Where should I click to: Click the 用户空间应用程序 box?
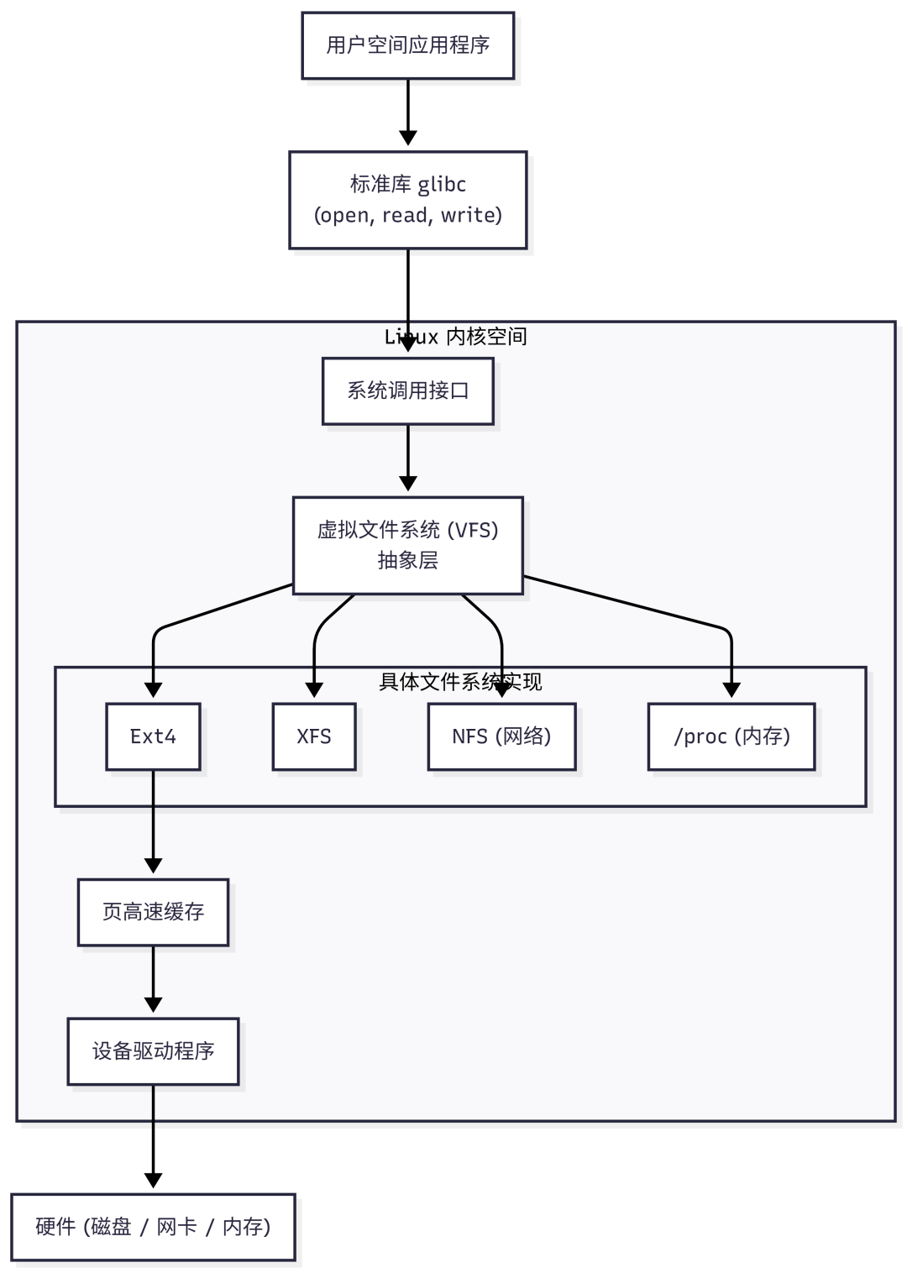pyautogui.click(x=407, y=45)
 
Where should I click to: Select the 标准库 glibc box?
pyautogui.click(x=407, y=200)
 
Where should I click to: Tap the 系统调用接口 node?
pyautogui.click(x=407, y=390)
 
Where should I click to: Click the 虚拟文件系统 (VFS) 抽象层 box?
pyautogui.click(x=407, y=545)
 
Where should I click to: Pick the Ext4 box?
pyautogui.click(x=153, y=736)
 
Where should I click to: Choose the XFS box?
pyautogui.click(x=314, y=736)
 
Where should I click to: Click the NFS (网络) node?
pyautogui.click(x=501, y=736)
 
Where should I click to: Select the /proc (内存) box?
pyautogui.click(x=731, y=736)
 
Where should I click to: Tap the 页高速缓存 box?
pyautogui.click(x=153, y=912)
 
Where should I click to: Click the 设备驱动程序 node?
pyautogui.click(x=153, y=1051)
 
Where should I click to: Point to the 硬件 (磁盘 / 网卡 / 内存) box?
pyautogui.click(x=153, y=1227)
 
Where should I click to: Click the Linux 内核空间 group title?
pyautogui.click(x=456, y=337)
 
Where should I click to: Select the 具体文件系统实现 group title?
pyautogui.click(x=460, y=682)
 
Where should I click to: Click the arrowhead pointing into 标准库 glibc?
pyautogui.click(x=407, y=139)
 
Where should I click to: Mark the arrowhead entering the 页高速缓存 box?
pyautogui.click(x=153, y=866)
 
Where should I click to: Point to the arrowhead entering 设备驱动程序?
pyautogui.click(x=153, y=1005)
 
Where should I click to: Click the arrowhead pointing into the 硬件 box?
pyautogui.click(x=153, y=1181)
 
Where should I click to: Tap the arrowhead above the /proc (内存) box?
pyautogui.click(x=731, y=690)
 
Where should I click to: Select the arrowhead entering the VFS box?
pyautogui.click(x=407, y=484)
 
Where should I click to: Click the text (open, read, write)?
pyautogui.click(x=407, y=216)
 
